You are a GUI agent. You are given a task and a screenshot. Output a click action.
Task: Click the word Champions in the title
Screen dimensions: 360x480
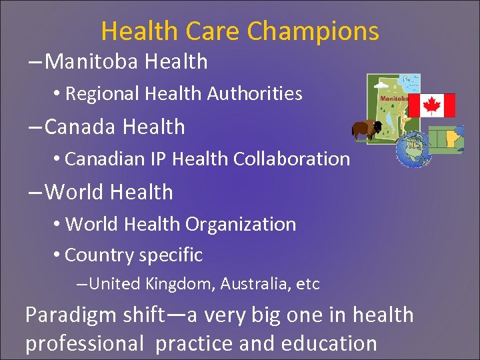(313, 31)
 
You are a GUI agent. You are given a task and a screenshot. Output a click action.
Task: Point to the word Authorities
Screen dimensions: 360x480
(254, 94)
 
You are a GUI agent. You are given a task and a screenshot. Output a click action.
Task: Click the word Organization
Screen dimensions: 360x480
(241, 224)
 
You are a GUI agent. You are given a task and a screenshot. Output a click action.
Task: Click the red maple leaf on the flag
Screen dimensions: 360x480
(431, 105)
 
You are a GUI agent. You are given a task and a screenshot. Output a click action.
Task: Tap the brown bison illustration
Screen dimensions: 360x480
(366, 129)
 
